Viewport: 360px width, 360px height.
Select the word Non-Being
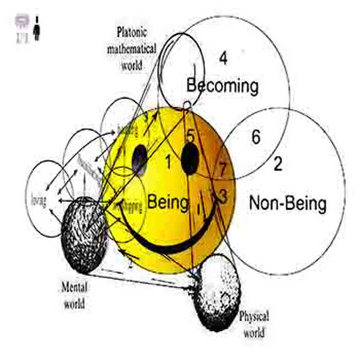[287, 204]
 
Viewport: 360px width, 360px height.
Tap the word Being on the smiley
[168, 202]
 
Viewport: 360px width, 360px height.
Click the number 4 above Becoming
[223, 59]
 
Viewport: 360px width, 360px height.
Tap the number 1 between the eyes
[168, 163]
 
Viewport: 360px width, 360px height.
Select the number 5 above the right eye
[190, 136]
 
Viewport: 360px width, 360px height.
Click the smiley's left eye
[140, 160]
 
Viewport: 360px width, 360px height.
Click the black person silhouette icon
[37, 28]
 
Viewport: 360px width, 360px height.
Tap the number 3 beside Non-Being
[222, 195]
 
